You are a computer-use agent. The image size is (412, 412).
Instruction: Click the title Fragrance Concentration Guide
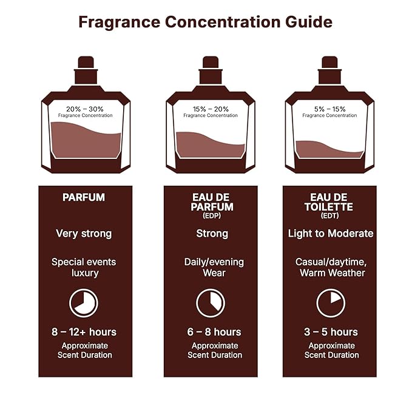(205, 22)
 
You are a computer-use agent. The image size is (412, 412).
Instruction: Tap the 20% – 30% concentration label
(84, 109)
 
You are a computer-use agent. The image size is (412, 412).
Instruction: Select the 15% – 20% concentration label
(211, 109)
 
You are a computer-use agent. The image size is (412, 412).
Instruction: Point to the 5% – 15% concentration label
(329, 109)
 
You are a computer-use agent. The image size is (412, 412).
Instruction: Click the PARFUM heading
(84, 198)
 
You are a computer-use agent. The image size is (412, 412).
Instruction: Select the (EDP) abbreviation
(211, 215)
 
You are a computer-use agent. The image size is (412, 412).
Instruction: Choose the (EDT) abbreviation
(329, 215)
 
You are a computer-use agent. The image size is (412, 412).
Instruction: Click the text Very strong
(84, 233)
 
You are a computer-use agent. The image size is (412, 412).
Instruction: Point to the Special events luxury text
(84, 268)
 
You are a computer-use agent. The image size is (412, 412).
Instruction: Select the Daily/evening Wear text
(211, 268)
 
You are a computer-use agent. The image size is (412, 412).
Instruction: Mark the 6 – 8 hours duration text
(211, 332)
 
